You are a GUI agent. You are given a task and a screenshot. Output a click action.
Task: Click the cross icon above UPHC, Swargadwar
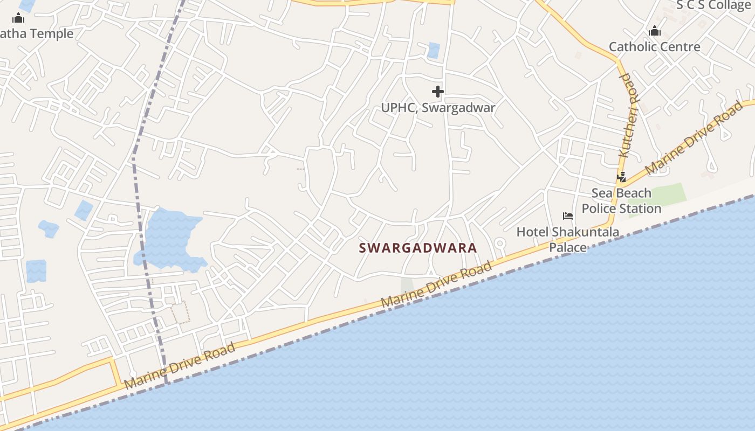pos(438,92)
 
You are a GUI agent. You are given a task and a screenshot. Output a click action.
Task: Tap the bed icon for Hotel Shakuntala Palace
pos(567,216)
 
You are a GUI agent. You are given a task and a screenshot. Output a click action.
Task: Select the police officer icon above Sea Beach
pos(622,177)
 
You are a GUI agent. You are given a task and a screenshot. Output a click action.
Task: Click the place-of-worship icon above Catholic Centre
pos(655,31)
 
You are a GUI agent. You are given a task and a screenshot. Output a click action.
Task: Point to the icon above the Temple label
pos(18,18)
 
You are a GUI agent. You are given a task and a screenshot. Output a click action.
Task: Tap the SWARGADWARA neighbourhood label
pos(418,248)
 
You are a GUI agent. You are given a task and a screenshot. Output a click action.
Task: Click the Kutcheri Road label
pos(628,115)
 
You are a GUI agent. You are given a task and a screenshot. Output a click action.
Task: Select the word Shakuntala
pos(585,232)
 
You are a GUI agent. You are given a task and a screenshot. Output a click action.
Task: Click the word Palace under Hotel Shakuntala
pos(567,247)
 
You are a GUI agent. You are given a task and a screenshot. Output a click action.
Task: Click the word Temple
pos(52,34)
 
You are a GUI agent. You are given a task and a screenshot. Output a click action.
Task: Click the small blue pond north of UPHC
pos(434,50)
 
